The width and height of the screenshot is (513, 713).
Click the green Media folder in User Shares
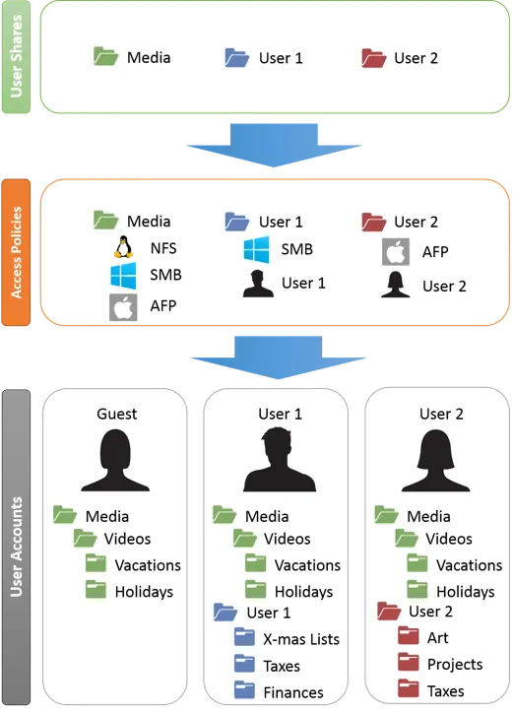tap(105, 56)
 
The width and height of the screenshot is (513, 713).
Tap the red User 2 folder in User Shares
tap(374, 58)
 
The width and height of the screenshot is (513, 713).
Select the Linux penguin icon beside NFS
tap(123, 247)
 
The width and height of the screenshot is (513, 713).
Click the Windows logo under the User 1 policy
tap(256, 249)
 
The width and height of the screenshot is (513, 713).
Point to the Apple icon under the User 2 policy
tap(396, 252)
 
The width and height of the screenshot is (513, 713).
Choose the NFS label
tap(163, 248)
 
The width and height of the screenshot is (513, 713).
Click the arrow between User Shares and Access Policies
tap(274, 145)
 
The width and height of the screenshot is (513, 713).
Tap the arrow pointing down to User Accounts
tap(278, 357)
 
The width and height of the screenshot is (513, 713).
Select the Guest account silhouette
tap(115, 460)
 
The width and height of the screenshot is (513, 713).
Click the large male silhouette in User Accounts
tap(280, 460)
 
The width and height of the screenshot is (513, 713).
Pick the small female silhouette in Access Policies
tap(395, 285)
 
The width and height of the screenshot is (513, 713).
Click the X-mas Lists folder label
tap(301, 639)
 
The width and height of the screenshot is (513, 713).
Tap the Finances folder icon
tap(244, 689)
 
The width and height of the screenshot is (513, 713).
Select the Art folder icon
tap(408, 636)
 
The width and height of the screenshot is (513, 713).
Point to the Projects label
tap(455, 665)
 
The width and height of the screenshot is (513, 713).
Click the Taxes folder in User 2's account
tap(408, 688)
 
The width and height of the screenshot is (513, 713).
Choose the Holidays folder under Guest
tap(96, 589)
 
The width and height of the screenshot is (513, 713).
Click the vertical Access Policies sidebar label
tap(17, 252)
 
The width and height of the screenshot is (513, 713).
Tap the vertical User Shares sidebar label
tap(17, 56)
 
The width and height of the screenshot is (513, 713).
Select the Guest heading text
tap(117, 414)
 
